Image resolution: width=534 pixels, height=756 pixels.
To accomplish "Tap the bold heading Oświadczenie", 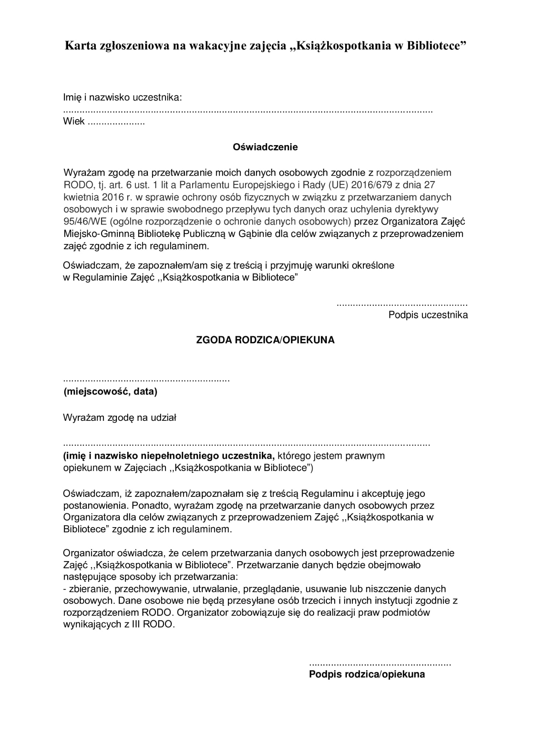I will click(x=265, y=147).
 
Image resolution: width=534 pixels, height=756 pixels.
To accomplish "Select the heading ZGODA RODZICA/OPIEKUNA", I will click(x=265, y=340).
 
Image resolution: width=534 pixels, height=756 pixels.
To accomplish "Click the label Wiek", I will click(x=74, y=121).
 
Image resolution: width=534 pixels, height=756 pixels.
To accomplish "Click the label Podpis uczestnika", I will click(x=428, y=315).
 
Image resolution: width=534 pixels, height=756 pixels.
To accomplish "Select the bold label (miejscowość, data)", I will click(x=110, y=392).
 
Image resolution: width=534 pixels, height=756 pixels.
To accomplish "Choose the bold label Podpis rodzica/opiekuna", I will click(x=367, y=674).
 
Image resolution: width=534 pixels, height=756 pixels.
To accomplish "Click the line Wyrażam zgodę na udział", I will click(x=120, y=418).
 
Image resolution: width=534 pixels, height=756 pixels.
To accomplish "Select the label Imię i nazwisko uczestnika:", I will click(x=123, y=98).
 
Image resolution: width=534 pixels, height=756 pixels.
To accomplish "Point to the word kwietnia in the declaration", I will click(x=81, y=197).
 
